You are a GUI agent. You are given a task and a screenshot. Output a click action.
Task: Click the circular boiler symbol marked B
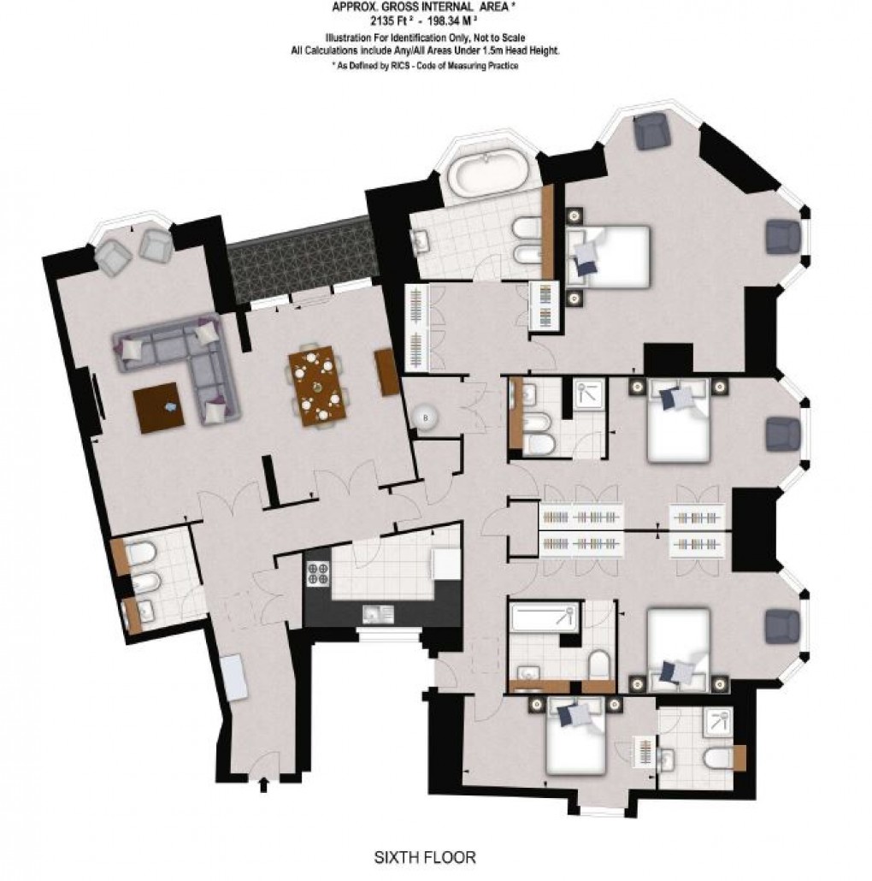coord(425,417)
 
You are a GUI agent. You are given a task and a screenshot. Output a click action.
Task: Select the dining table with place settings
coord(318,386)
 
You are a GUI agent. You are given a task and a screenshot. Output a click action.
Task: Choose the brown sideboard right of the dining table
coord(387,371)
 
